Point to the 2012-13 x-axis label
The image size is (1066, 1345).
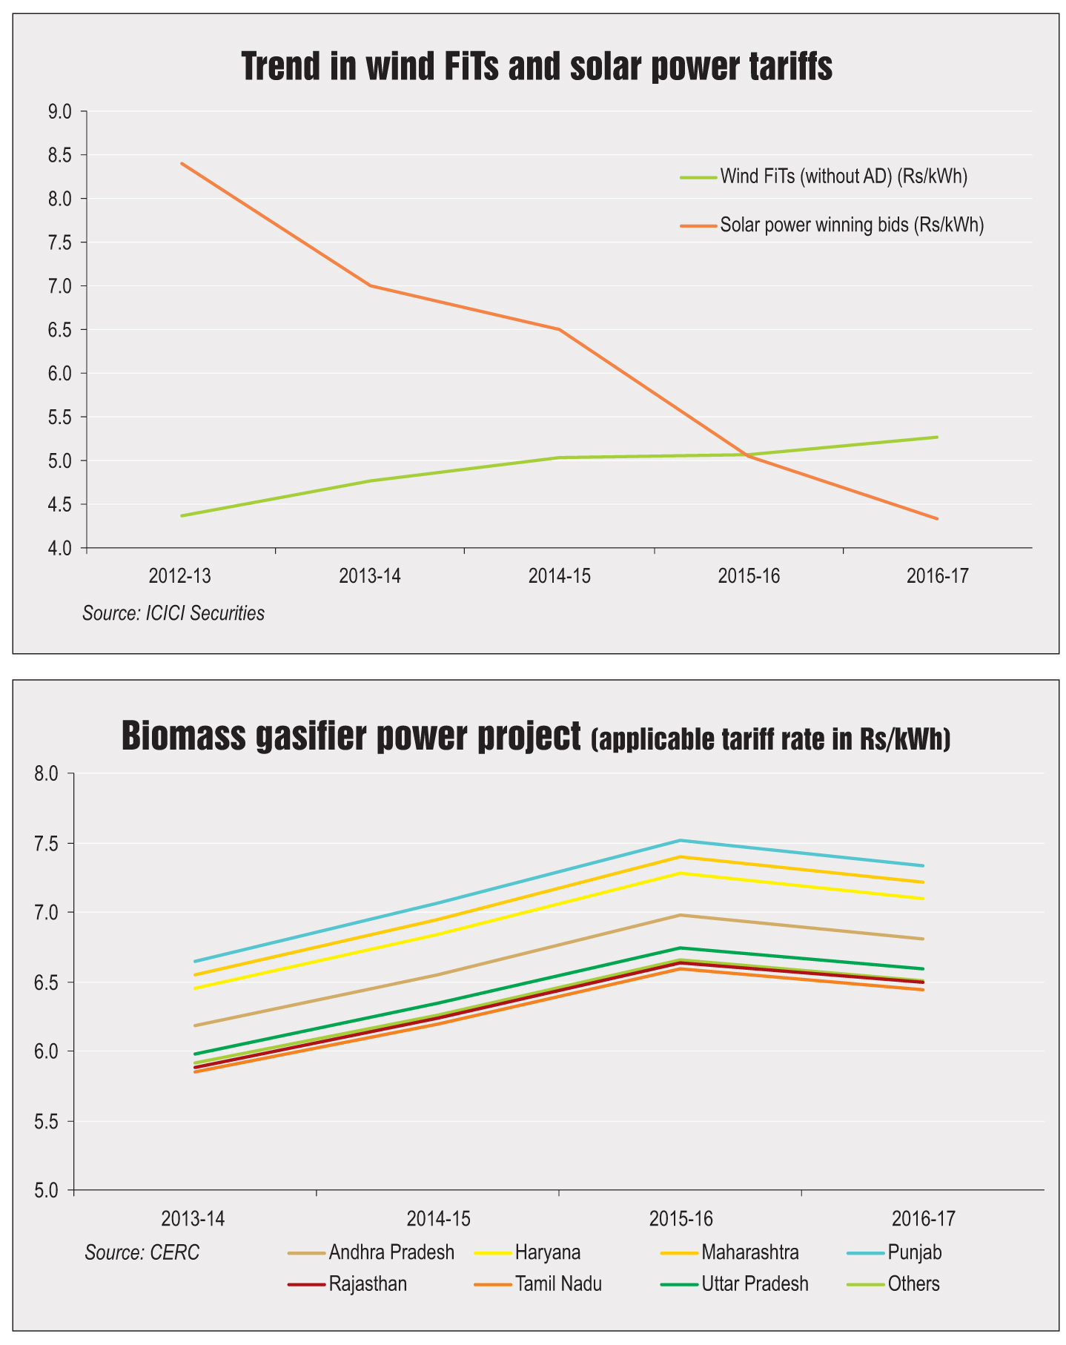coord(180,576)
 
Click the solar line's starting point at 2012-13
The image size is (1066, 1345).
coord(182,163)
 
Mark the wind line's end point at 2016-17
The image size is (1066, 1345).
coord(937,437)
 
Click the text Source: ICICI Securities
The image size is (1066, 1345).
coord(173,614)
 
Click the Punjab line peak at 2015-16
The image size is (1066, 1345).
coord(680,840)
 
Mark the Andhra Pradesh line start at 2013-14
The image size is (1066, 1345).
coord(195,1025)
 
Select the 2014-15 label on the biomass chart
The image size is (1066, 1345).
coord(438,1218)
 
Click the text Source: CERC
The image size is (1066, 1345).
coord(142,1253)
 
